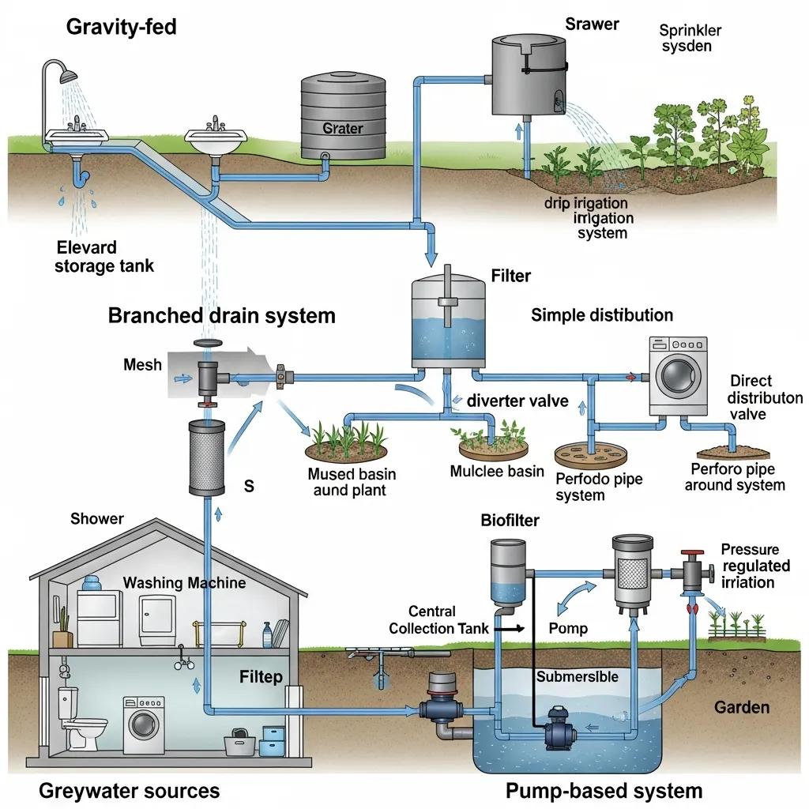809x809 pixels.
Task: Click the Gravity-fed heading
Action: (x=121, y=27)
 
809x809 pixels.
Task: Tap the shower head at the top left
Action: (x=70, y=76)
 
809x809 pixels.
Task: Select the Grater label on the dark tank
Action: (x=342, y=128)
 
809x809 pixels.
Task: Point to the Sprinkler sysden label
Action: (x=685, y=38)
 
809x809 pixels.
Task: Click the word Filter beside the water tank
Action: (x=510, y=276)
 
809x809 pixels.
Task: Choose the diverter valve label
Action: (x=517, y=401)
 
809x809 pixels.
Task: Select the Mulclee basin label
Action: (x=496, y=472)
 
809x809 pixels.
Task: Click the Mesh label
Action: (x=142, y=364)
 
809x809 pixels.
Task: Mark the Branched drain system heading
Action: (x=221, y=316)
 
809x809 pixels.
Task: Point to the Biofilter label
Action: (x=510, y=520)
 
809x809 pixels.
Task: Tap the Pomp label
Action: (x=567, y=628)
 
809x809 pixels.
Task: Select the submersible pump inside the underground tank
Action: (x=563, y=731)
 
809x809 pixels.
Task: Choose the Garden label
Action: (x=741, y=706)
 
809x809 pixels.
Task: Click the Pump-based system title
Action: (x=603, y=790)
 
